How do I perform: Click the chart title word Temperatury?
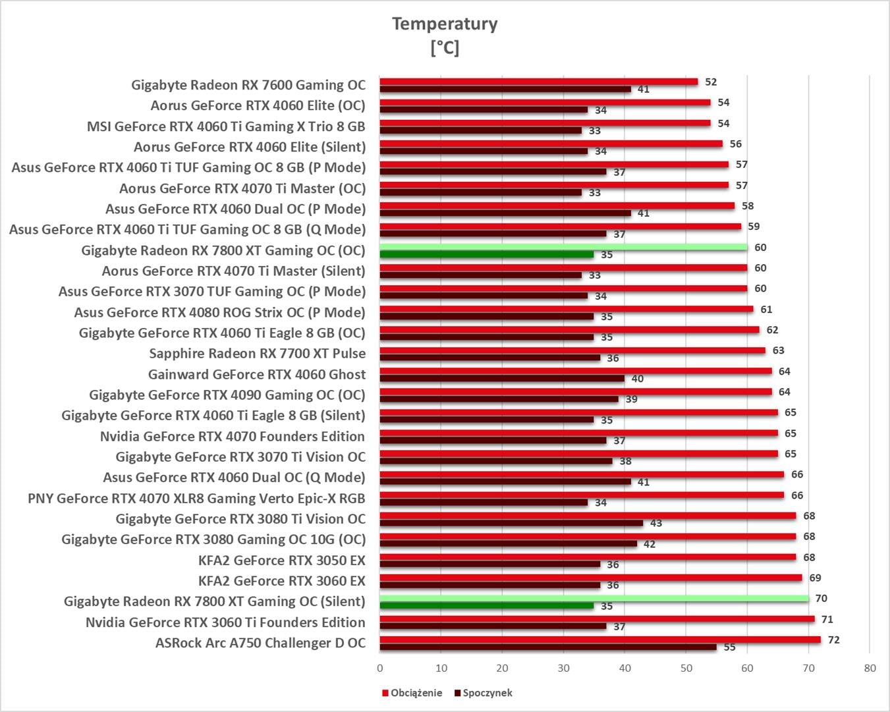point(445,24)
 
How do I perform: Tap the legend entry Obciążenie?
point(416,693)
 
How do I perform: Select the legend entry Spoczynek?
point(487,693)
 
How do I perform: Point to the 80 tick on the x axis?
point(870,668)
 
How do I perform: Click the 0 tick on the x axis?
point(380,668)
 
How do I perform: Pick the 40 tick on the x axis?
point(625,668)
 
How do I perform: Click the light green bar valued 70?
point(593,598)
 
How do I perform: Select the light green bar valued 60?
point(563,247)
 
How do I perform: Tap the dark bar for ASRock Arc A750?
point(547,647)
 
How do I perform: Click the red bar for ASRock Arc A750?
point(599,640)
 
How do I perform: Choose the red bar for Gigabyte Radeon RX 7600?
point(538,82)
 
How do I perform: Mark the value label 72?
point(833,640)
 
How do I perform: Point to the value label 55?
point(729,647)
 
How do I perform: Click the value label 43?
point(656,523)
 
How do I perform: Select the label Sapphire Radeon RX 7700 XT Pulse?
point(257,354)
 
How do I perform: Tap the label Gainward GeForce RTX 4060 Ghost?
point(256,374)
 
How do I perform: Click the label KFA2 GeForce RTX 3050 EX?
point(281,560)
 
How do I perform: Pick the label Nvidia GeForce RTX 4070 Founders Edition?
point(232,436)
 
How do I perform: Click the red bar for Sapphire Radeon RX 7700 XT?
point(572,350)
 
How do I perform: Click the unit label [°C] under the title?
point(445,47)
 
